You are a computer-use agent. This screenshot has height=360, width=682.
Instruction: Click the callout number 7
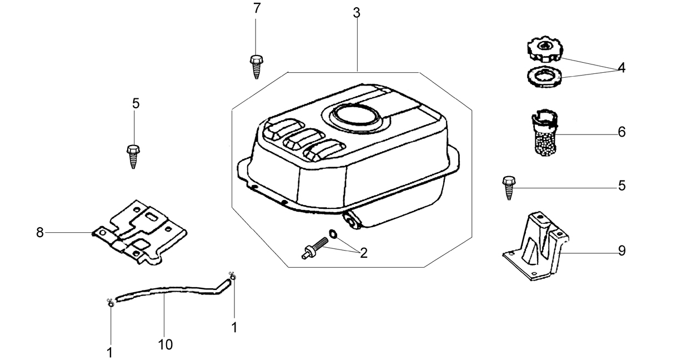(x=257, y=8)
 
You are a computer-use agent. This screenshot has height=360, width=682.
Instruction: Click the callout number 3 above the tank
(x=357, y=13)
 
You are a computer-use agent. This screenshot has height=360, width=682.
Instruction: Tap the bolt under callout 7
(x=257, y=67)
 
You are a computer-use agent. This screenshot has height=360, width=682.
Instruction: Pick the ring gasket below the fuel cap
(x=545, y=77)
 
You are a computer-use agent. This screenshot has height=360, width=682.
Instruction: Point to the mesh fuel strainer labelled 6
(x=545, y=133)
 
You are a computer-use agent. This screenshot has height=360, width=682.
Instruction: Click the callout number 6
(x=621, y=132)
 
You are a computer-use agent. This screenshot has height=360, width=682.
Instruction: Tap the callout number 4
(x=621, y=68)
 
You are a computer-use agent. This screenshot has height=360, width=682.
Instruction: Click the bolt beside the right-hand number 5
(x=508, y=188)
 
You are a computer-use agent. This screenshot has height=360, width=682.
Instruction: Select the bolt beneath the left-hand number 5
(x=133, y=157)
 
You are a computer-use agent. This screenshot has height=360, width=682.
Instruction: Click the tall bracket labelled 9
(x=536, y=246)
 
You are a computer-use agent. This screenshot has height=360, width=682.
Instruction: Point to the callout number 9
(x=621, y=251)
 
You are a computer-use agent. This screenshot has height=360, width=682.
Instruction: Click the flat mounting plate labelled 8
(x=139, y=232)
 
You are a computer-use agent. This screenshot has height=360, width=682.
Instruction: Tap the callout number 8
(x=40, y=233)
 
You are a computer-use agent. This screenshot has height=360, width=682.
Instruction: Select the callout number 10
(x=166, y=345)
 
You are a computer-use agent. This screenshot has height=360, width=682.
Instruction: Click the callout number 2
(x=364, y=253)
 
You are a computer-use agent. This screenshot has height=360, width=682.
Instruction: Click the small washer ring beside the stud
(x=333, y=234)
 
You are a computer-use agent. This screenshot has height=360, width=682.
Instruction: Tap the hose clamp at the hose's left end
(x=111, y=303)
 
